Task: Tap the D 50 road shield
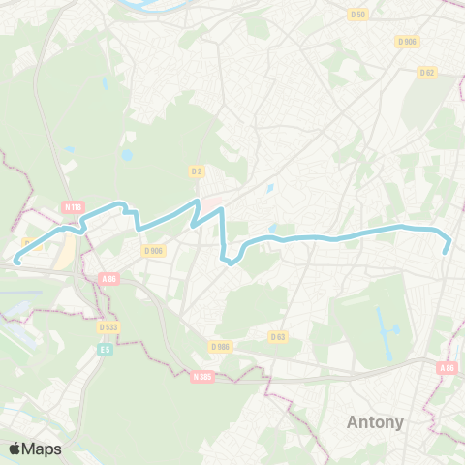[357, 14]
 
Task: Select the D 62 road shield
[427, 72]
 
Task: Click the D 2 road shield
[197, 170]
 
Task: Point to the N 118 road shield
[73, 206]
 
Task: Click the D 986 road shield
[221, 345]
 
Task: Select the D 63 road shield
[278, 337]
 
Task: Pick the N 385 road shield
[201, 376]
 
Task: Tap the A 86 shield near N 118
[108, 279]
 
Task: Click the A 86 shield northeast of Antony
[446, 368]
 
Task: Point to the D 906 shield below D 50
[405, 41]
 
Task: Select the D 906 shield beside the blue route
[154, 250]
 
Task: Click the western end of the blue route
[16, 260]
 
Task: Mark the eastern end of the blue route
[446, 252]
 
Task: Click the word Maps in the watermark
[43, 449]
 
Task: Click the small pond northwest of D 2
[127, 154]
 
